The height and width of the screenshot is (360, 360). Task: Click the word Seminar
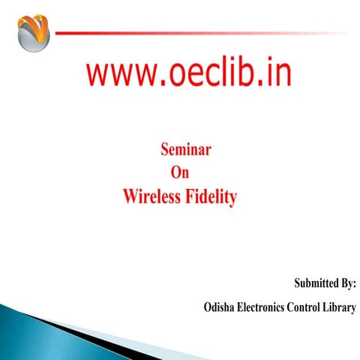pyautogui.click(x=185, y=150)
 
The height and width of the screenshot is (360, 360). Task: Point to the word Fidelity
pyautogui.click(x=211, y=197)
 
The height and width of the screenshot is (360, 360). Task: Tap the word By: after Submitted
pyautogui.click(x=347, y=284)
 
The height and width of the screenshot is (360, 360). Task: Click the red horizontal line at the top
pyautogui.click(x=187, y=32)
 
